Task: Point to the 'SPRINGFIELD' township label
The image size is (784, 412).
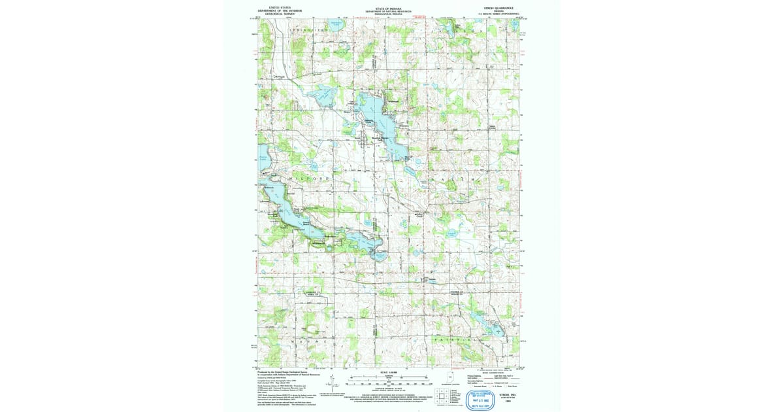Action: (x=308, y=31)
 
